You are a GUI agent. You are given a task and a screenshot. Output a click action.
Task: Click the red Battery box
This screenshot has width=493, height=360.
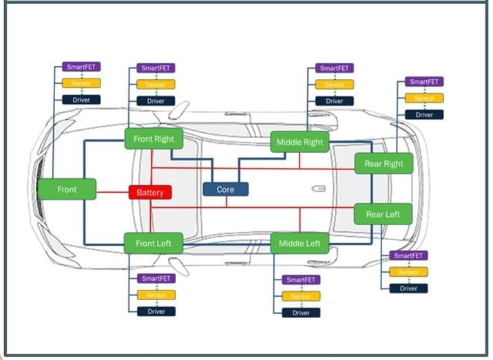pyautogui.click(x=150, y=192)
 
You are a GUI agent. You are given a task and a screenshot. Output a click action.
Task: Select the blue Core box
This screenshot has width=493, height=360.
pyautogui.click(x=225, y=189)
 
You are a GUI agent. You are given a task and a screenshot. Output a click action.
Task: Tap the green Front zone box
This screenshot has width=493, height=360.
pyautogui.click(x=67, y=189)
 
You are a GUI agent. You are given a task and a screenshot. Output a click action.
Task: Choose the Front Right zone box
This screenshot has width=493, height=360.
pyautogui.click(x=154, y=138)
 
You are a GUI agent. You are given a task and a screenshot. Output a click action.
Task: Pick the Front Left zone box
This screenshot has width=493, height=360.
pyautogui.click(x=153, y=242)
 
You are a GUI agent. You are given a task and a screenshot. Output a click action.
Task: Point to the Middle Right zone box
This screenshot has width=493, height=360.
pyautogui.click(x=300, y=142)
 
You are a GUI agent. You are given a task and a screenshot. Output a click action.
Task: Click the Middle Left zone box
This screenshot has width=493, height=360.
pyautogui.click(x=300, y=243)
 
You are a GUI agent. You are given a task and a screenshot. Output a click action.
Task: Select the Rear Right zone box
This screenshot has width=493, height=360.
pyautogui.click(x=384, y=164)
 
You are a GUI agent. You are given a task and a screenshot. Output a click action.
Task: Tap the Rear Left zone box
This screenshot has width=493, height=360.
pyautogui.click(x=383, y=214)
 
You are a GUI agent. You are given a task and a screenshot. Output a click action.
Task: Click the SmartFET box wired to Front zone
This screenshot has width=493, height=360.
pyautogui.click(x=81, y=67)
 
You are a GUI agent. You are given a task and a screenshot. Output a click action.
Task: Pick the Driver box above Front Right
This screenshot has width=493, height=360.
pyautogui.click(x=156, y=101)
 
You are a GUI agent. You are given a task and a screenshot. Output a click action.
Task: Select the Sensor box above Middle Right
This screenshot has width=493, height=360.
pyautogui.click(x=335, y=85)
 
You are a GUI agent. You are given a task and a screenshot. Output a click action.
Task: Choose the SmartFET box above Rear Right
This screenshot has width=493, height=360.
pyautogui.click(x=424, y=81)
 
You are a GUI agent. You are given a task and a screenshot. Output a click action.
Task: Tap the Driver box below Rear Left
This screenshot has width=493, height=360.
pyautogui.click(x=408, y=288)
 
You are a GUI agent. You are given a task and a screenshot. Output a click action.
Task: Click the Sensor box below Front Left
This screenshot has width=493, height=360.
pyautogui.click(x=156, y=295)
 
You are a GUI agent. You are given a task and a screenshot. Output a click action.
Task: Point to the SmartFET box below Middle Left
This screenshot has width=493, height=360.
pyautogui.click(x=301, y=279)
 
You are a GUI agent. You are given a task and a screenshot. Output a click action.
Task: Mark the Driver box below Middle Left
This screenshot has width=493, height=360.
pyautogui.click(x=301, y=313)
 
